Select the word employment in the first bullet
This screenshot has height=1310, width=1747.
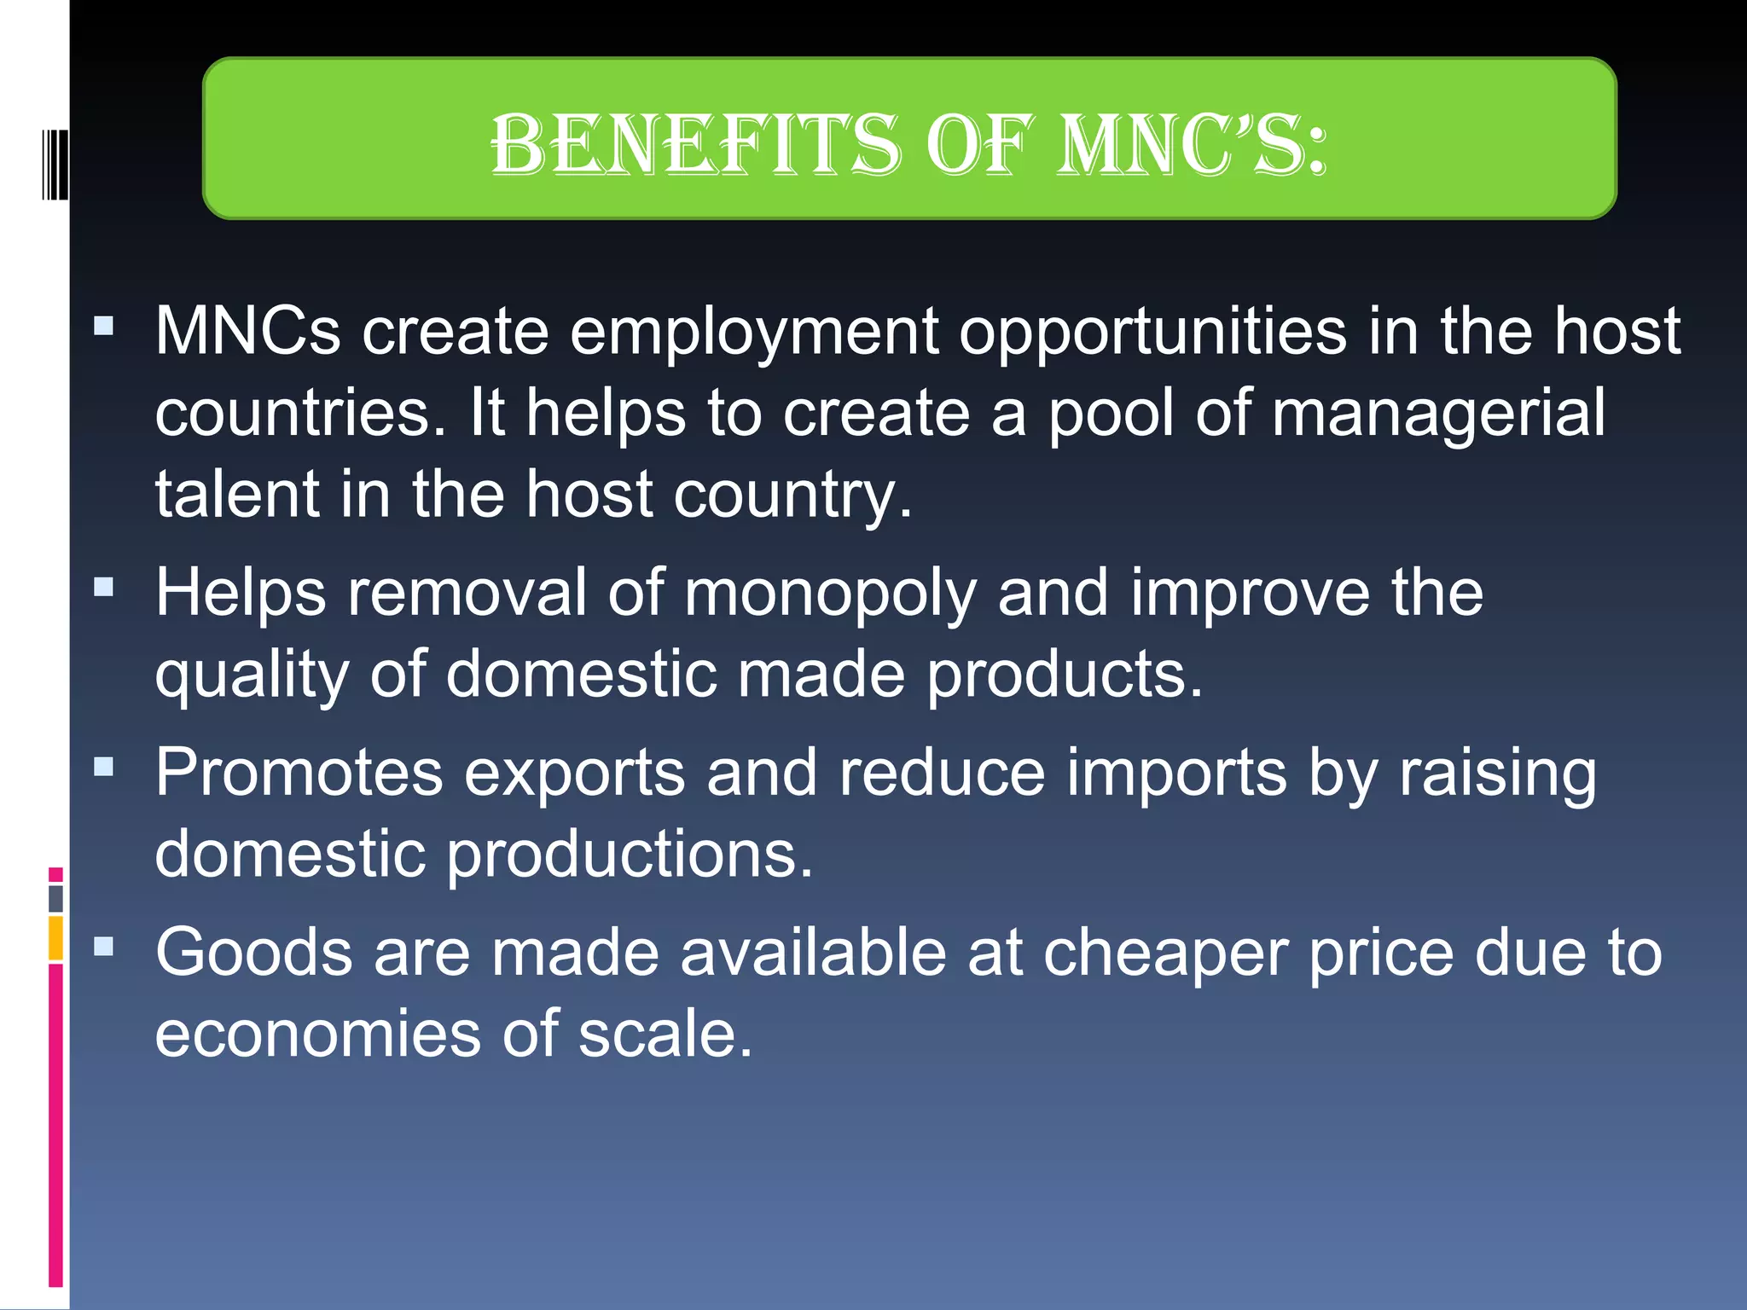point(754,333)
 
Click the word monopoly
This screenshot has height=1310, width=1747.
point(830,594)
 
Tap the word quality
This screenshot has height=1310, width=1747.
point(252,675)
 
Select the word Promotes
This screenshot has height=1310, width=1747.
point(299,774)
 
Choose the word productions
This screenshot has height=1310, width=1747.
point(630,855)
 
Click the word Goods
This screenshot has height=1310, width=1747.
point(253,953)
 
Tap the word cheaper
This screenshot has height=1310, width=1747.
point(1165,953)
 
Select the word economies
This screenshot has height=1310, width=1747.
point(317,1035)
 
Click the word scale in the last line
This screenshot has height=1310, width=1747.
point(665,1035)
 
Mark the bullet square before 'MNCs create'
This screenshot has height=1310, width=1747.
point(104,326)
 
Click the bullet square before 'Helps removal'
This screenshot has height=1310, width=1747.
point(104,587)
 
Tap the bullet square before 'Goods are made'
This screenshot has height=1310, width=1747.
point(104,946)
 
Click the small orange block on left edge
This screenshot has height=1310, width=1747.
point(55,937)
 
